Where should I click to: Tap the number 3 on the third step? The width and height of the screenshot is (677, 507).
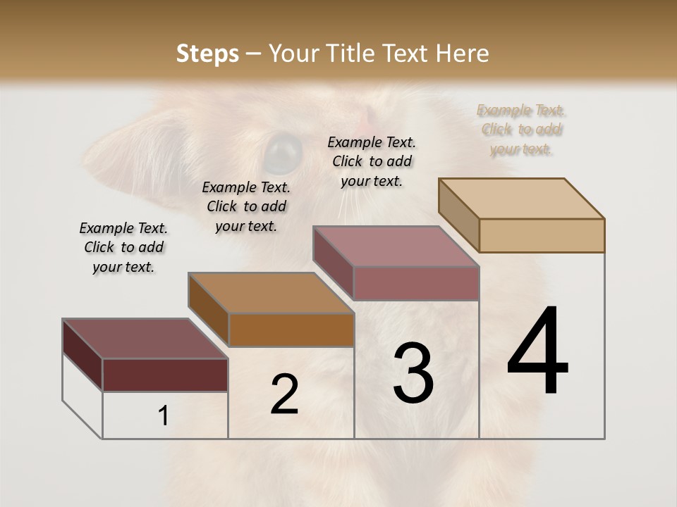pyautogui.click(x=413, y=373)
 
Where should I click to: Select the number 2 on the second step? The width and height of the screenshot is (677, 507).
pyautogui.click(x=284, y=394)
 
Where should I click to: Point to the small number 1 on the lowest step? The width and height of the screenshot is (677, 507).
pyautogui.click(x=163, y=416)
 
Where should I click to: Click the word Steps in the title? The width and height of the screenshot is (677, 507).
pyautogui.click(x=207, y=54)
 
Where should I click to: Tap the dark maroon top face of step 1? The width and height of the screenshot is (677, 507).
pyautogui.click(x=145, y=339)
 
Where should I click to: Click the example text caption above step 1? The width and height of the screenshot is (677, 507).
pyautogui.click(x=123, y=247)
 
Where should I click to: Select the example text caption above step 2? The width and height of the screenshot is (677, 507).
pyautogui.click(x=246, y=206)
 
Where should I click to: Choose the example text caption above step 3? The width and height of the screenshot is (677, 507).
pyautogui.click(x=372, y=161)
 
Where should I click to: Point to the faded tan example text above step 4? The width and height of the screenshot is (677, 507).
pyautogui.click(x=521, y=130)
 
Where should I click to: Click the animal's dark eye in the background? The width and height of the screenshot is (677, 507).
pyautogui.click(x=283, y=151)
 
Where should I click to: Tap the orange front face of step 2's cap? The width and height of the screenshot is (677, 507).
pyautogui.click(x=291, y=330)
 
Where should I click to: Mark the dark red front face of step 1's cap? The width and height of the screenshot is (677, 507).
pyautogui.click(x=165, y=375)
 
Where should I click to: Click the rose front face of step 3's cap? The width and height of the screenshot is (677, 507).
pyautogui.click(x=416, y=283)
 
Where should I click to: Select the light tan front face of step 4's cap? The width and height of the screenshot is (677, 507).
pyautogui.click(x=542, y=235)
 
